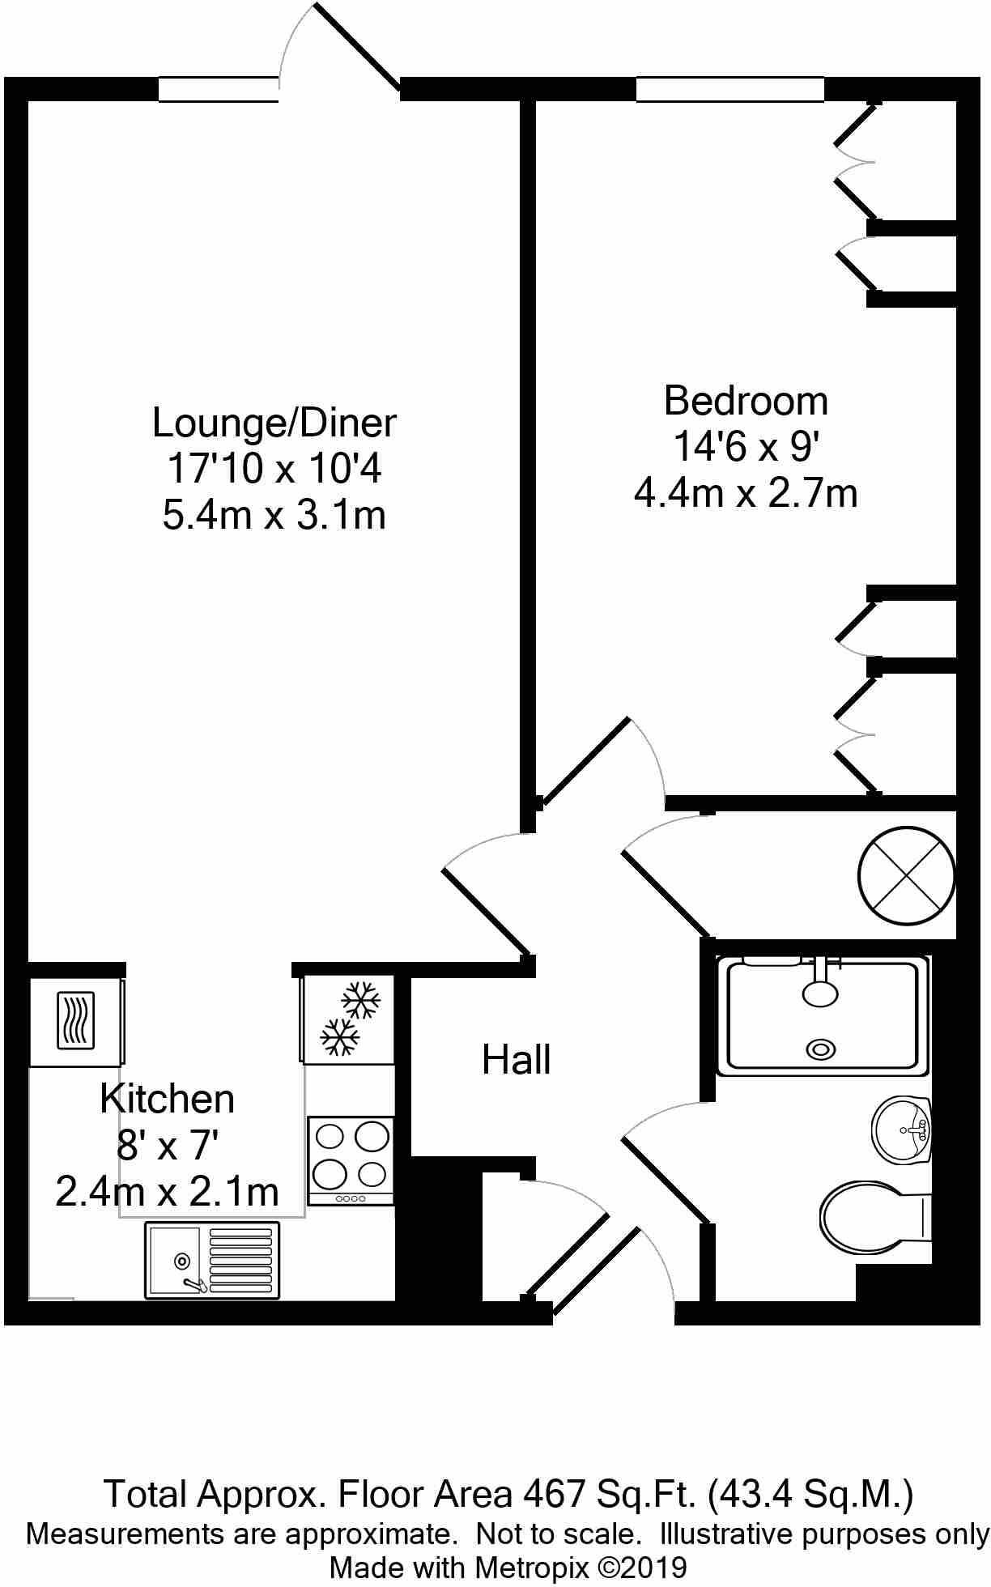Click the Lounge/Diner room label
274,423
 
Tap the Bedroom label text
746,402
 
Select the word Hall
516,1060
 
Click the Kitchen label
168,1099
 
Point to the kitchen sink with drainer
212,1261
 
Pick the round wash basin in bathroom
902,1130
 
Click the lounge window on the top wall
218,89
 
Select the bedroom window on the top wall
729,89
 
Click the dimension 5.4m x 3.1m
274,516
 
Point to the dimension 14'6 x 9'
746,446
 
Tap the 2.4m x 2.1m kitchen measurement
168,1192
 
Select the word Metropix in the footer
531,1567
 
